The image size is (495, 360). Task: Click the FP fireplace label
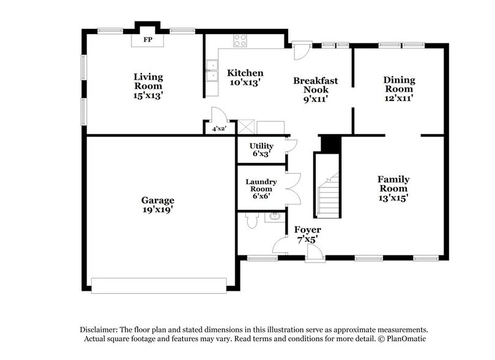tap(147, 40)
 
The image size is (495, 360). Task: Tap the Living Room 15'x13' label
tap(149, 86)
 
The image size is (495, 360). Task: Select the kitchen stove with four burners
tap(240, 40)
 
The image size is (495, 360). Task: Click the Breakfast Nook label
tap(315, 90)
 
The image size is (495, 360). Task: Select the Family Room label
tap(393, 188)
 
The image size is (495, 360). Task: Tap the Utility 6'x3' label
tap(261, 150)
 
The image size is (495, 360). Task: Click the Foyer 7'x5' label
tap(307, 234)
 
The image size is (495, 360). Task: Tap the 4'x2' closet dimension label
tap(218, 129)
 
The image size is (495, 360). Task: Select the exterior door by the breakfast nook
tap(301, 50)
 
